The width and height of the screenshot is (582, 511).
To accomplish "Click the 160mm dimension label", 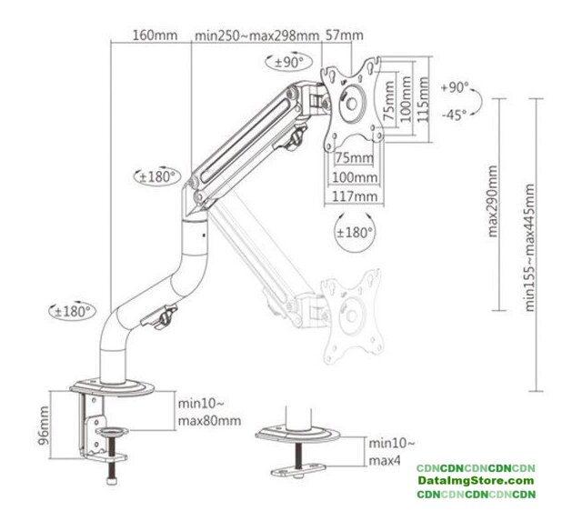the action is point(155,35).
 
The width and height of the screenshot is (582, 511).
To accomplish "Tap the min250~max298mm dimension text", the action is point(256,35).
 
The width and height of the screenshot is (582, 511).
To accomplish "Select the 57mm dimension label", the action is point(344,35).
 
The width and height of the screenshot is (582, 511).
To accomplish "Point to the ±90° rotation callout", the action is point(289,62).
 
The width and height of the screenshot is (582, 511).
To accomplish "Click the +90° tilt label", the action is point(455,87).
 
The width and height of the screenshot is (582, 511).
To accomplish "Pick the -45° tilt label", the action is point(454,115).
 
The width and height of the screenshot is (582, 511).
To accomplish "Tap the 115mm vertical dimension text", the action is point(423,99).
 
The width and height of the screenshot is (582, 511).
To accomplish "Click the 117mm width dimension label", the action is point(355,196).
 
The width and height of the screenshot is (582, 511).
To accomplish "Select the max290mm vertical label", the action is point(493,201).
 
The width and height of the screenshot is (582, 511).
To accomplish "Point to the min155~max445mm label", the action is point(529,247).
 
